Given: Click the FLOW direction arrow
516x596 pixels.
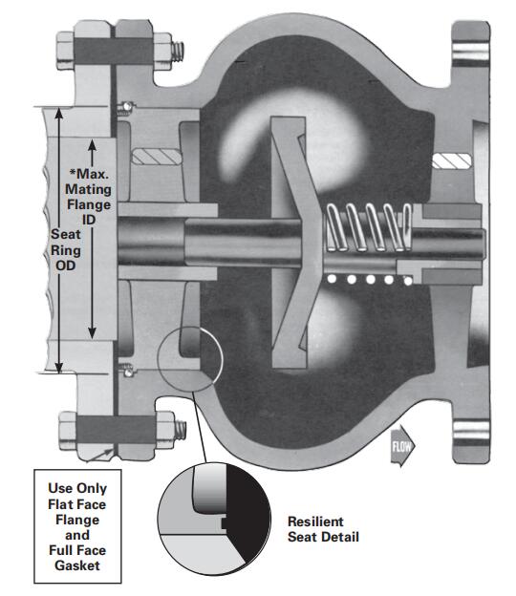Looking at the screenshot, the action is coord(402,445).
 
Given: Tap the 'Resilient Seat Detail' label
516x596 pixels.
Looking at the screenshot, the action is coord(323,529).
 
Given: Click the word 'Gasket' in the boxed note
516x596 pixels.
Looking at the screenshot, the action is coord(77,565).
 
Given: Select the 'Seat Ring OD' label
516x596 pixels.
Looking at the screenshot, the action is coord(66,249).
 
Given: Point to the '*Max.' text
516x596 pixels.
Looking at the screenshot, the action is coord(90,174).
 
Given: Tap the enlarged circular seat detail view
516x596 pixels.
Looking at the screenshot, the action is coord(214,519).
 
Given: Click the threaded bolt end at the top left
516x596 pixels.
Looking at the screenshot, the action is coord(178,52).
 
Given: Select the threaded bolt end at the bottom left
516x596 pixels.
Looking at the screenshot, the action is coord(181,430).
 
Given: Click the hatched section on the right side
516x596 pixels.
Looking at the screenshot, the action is coord(452,161).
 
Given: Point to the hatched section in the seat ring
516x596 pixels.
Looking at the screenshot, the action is coord(157,157).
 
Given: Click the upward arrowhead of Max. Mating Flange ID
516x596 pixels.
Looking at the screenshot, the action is coord(92,146).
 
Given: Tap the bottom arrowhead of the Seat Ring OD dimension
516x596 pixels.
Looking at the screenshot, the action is coord(59,367).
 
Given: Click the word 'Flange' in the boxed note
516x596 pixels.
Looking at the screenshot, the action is coord(77,520).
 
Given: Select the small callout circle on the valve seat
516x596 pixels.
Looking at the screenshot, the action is coord(190,359).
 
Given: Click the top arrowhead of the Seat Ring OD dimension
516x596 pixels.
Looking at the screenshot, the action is coord(59,114).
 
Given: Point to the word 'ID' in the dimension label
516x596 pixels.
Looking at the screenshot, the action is coord(89,220).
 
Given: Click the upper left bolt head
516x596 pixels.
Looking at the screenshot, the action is coord(65,51).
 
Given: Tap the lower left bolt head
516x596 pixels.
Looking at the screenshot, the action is coord(68,431).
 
